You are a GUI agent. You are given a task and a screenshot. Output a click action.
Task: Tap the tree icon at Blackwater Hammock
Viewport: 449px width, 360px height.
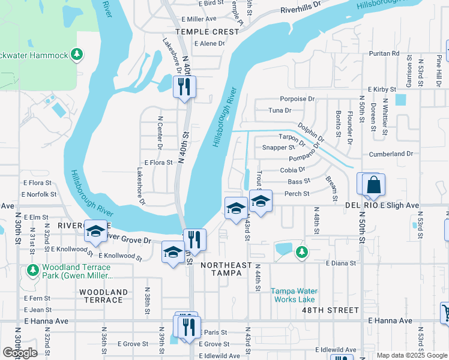click(76, 55)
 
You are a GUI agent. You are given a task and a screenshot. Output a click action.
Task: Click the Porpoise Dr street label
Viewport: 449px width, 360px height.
click(297, 99)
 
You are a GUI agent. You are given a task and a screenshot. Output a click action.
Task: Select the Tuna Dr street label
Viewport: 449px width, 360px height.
click(280, 110)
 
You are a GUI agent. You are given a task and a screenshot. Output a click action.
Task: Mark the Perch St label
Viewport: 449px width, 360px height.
click(297, 194)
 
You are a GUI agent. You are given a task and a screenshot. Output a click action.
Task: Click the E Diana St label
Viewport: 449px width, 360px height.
click(340, 263)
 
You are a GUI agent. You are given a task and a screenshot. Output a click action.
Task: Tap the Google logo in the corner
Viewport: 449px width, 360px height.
click(20, 353)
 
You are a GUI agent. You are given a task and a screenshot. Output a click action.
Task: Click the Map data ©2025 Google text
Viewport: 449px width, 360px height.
click(412, 355)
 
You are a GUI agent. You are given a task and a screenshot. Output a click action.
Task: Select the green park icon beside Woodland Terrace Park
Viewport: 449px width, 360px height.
click(32, 271)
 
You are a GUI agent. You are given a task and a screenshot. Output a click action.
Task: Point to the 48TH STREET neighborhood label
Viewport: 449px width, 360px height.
click(335, 310)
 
